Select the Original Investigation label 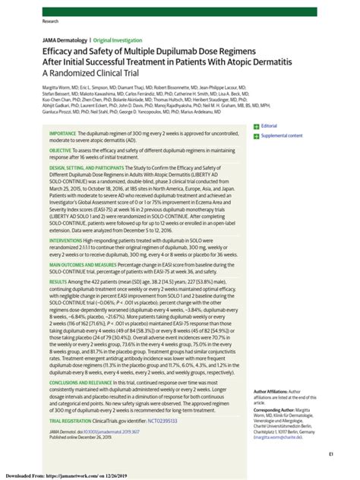(x=117, y=40)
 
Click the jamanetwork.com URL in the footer (x=92, y=475)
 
